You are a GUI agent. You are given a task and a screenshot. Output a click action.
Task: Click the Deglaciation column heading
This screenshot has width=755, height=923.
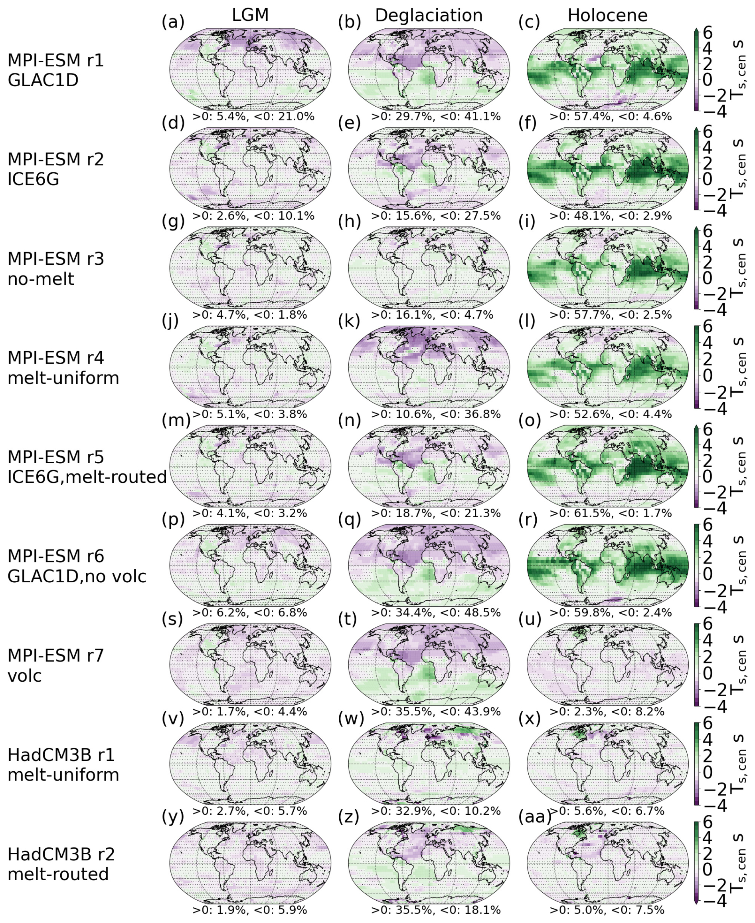coord(429,16)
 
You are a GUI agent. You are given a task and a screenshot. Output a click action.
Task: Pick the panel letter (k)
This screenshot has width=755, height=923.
coord(349,321)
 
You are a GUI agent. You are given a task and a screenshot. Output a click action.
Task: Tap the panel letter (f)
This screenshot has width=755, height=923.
coord(529,123)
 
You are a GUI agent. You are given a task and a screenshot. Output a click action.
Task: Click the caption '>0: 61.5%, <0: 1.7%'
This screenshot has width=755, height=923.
coord(611,514)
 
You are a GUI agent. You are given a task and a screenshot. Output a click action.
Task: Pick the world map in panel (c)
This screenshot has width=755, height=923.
coord(608,69)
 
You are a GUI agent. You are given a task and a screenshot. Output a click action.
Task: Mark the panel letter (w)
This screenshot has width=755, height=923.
coord(350,719)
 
